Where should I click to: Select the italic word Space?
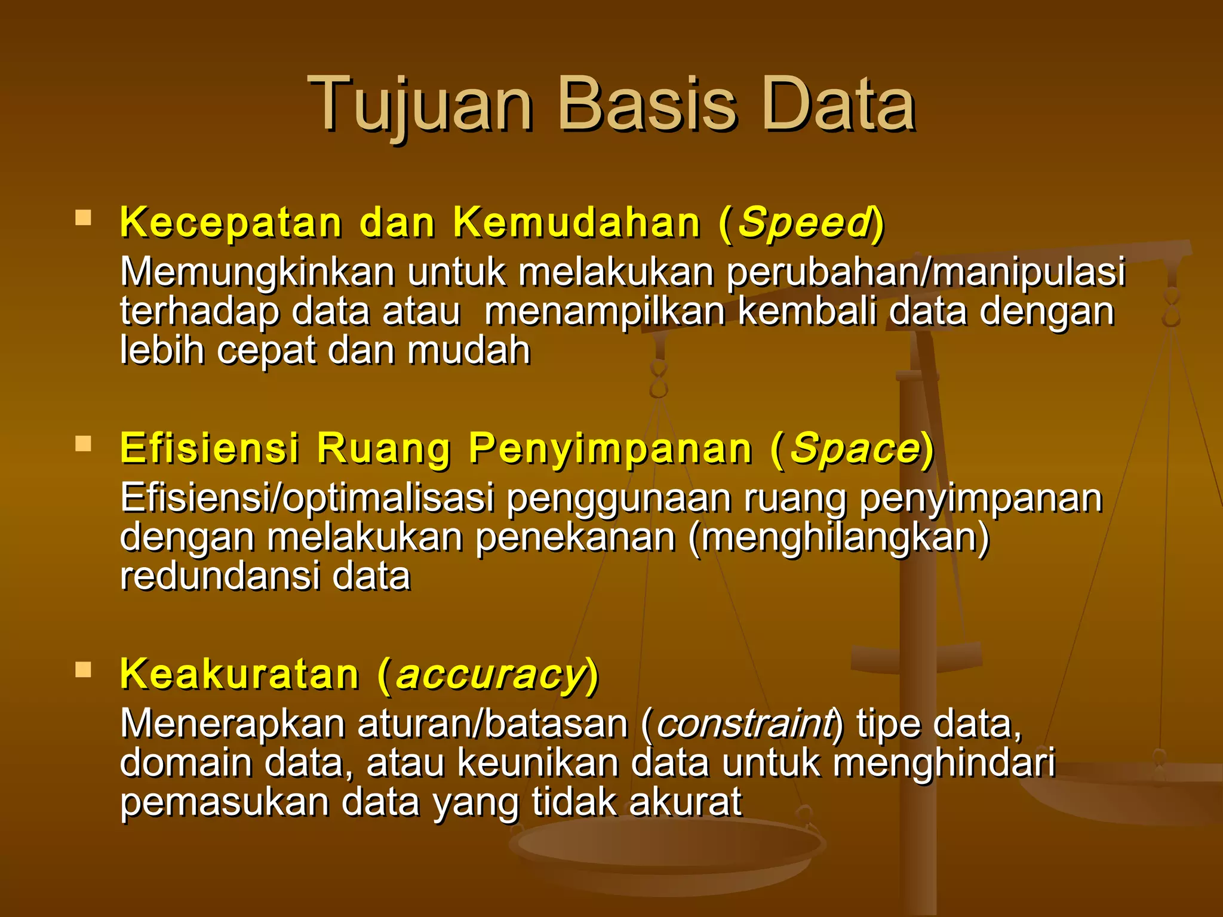pos(856,448)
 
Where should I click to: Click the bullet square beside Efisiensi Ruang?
pos(83,443)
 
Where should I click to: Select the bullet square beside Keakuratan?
pos(83,669)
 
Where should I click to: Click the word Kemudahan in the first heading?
pos(577,223)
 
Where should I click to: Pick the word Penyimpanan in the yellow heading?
pos(610,448)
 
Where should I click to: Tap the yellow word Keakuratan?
pos(239,675)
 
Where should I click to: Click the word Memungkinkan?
pos(257,272)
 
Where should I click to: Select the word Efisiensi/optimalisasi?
pos(307,498)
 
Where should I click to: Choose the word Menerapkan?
pos(232,724)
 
